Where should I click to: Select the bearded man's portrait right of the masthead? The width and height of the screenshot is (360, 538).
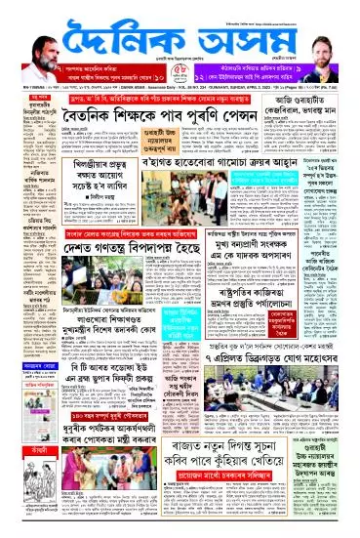[322, 40]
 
